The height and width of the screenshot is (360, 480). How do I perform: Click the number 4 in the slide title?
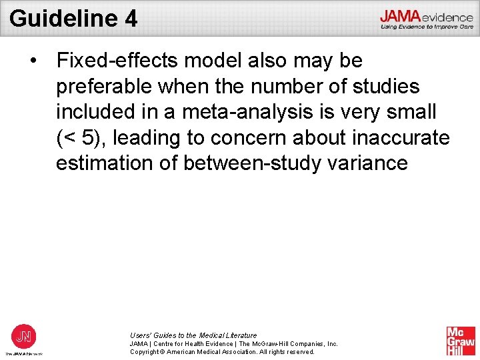[131, 18]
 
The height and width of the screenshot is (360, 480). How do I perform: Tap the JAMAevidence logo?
[426, 19]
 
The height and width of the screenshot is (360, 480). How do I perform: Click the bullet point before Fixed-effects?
[33, 61]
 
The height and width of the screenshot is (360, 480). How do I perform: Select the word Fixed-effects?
[117, 61]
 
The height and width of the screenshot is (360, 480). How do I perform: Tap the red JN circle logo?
[24, 336]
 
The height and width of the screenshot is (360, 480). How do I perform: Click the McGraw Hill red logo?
[461, 341]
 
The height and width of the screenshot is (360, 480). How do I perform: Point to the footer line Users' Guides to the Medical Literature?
[193, 335]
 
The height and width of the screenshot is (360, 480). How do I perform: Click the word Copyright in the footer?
[146, 351]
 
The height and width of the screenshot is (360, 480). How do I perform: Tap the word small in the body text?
[413, 112]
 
